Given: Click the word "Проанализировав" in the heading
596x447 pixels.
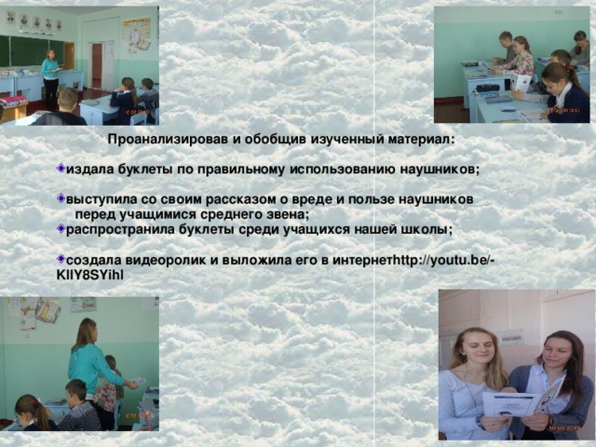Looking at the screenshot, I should click(x=168, y=140).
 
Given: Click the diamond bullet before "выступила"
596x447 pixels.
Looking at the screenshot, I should click(x=61, y=199).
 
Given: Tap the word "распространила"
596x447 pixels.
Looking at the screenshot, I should click(x=121, y=229).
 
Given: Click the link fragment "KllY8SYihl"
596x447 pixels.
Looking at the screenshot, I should click(x=89, y=275).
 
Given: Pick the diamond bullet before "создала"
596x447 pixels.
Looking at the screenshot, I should click(x=61, y=259).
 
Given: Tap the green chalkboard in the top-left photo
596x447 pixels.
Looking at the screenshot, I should click(x=28, y=50).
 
